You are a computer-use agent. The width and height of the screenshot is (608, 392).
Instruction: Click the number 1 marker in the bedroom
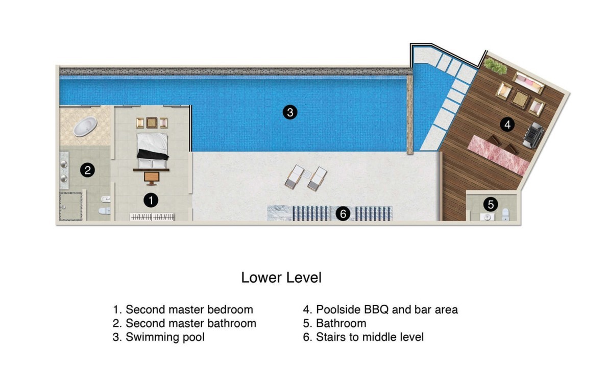(151, 201)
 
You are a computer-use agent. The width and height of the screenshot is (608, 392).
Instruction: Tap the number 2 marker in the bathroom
(87, 170)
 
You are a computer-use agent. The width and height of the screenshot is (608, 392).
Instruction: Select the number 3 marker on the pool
(290, 112)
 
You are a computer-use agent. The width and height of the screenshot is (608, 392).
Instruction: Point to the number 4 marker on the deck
(507, 125)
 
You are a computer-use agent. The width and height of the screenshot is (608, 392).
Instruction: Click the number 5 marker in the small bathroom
(491, 204)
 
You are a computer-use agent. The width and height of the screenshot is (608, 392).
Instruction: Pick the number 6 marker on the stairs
(343, 214)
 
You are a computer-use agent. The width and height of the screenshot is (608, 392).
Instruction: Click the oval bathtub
(85, 127)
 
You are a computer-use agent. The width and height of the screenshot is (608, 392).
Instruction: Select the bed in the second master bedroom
(153, 151)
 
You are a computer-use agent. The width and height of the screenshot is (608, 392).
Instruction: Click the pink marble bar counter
(498, 155)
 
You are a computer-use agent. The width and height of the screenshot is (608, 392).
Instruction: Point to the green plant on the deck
(495, 65)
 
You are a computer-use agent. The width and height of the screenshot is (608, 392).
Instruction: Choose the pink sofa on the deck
(528, 83)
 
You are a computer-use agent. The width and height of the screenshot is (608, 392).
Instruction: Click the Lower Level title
(281, 278)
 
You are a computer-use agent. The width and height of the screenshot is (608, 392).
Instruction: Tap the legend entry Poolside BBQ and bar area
(380, 309)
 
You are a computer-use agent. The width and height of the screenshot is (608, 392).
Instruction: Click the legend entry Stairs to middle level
(363, 337)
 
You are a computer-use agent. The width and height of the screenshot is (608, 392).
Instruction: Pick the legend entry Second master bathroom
(185, 323)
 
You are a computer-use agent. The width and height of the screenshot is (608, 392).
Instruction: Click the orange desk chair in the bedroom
(152, 178)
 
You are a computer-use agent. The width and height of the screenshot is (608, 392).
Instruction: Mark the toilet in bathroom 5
(505, 214)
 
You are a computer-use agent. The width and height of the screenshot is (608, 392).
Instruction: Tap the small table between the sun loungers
(307, 175)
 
